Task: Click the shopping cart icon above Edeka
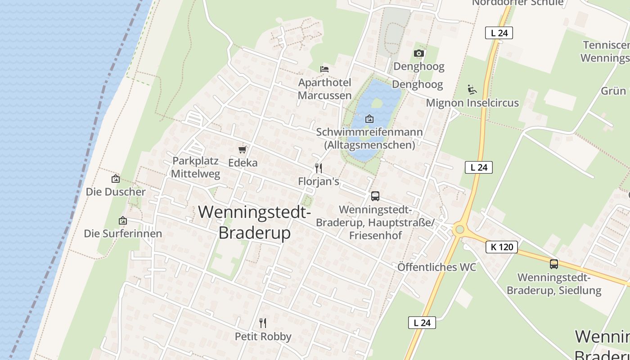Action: point(243,149)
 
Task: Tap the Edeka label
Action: point(243,162)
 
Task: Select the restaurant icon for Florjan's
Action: point(319,168)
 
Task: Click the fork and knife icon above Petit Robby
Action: point(263,323)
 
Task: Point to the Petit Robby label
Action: point(263,336)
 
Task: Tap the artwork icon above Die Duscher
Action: point(116,179)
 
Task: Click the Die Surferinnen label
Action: point(123,234)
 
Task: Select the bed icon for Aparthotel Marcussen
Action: point(324,69)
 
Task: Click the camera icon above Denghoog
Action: point(418,54)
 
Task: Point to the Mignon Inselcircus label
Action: point(472,103)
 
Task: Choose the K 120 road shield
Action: point(502,247)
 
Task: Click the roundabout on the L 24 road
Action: point(459,229)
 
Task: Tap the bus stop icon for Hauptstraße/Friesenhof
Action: point(375,196)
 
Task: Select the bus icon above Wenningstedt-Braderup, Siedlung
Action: point(554,264)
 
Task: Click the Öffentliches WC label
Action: point(436,267)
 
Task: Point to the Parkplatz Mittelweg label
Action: point(196,167)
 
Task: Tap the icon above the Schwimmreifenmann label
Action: point(369,119)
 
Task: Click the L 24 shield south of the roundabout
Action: point(422,323)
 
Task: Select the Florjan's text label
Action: point(319,181)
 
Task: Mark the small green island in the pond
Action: point(377,103)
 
